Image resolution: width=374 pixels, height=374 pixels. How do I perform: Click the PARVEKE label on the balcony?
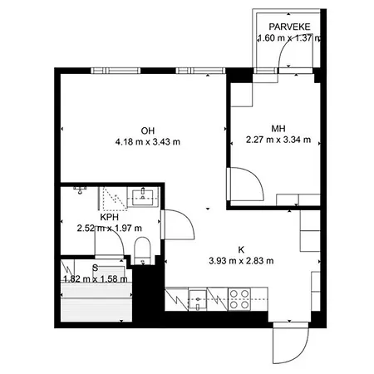click(288, 27)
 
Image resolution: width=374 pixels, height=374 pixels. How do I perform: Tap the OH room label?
click(148, 130)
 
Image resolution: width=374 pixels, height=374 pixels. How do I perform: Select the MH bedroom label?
click(278, 128)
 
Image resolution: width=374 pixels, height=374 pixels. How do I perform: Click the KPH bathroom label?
click(108, 217)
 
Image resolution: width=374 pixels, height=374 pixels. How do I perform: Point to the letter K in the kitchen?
click(242, 249)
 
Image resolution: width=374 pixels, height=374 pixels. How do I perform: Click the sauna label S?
click(96, 268)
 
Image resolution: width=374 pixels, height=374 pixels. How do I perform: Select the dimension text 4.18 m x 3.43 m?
click(148, 141)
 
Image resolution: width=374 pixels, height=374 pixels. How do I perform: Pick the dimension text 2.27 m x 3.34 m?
click(278, 140)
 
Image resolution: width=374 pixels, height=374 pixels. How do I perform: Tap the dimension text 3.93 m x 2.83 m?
click(242, 260)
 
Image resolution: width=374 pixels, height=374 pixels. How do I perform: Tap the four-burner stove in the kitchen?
click(240, 297)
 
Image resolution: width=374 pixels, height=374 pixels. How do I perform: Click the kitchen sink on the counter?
click(199, 298)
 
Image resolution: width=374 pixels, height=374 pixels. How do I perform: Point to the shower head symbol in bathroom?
click(81, 189)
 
